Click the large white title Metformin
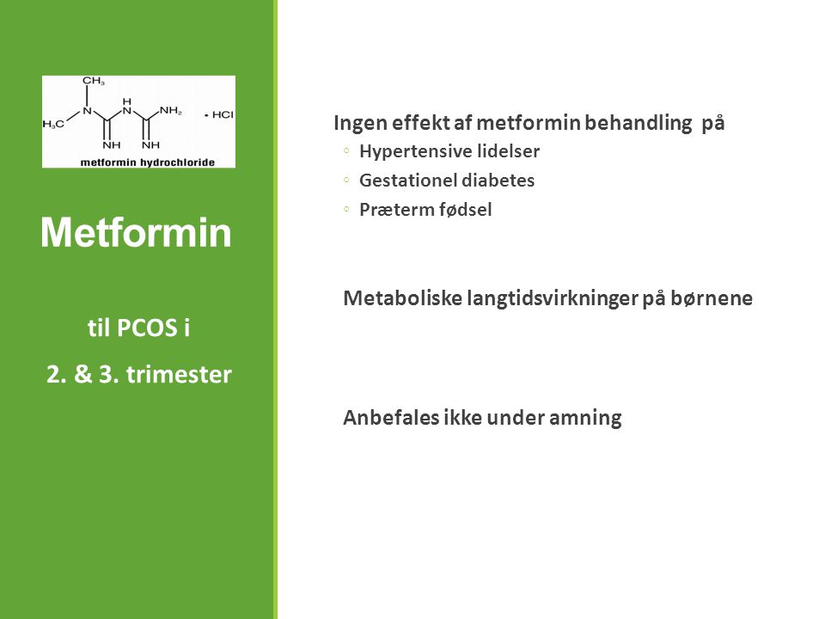tap(137, 232)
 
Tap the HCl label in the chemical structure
tap(223, 114)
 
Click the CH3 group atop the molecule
tap(94, 81)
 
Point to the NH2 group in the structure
tap(171, 111)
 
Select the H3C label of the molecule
tap(53, 124)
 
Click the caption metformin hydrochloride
tap(147, 162)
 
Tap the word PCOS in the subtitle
tap(146, 328)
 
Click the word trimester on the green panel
tap(179, 374)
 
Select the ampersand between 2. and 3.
tap(82, 374)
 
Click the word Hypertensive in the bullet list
tap(407, 152)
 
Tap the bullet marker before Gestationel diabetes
tap(346, 180)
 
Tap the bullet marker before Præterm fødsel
tap(346, 209)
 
